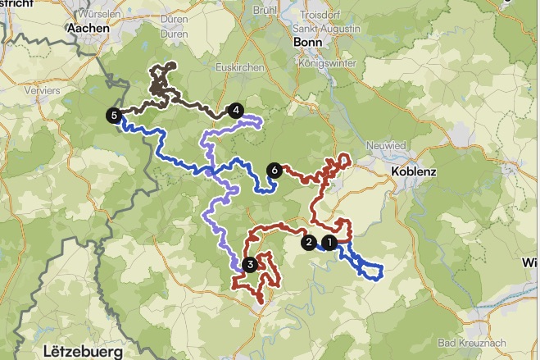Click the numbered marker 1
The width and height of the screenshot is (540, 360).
(x=329, y=243)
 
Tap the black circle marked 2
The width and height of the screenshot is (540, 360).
(x=309, y=242)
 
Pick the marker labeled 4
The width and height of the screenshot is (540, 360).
(x=236, y=110)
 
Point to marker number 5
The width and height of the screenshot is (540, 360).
(x=112, y=116)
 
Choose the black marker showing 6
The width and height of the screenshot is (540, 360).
(x=274, y=171)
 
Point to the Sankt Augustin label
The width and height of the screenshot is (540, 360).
(x=326, y=28)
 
